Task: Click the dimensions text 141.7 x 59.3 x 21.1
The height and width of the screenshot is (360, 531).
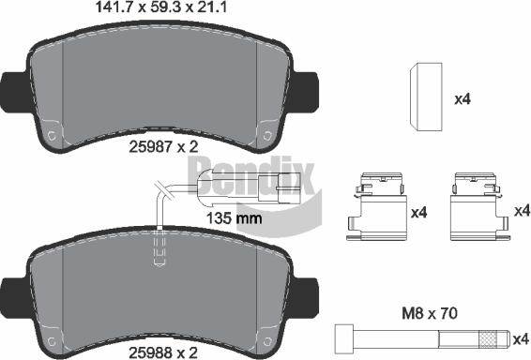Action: pos(161,7)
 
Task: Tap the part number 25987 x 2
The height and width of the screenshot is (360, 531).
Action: pos(163,147)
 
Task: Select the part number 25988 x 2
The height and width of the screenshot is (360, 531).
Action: pos(163,352)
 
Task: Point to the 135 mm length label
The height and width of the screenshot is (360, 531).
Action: pos(235,218)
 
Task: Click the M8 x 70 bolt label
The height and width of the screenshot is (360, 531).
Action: pos(430,314)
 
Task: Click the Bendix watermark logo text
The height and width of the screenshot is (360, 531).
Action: pos(250,177)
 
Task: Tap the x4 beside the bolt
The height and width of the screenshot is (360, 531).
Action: pos(521,339)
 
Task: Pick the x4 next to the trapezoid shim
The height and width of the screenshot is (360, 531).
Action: pos(463,99)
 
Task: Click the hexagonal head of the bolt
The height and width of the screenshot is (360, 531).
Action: pos(344,339)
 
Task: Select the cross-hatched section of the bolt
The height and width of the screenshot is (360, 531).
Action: pos(490,339)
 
